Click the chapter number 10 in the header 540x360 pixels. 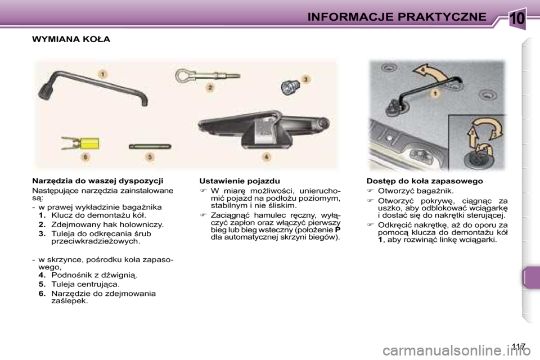pos(517,19)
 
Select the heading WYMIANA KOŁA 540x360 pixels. pos(71,39)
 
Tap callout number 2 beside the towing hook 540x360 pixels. pos(210,88)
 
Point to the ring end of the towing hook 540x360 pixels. pos(186,73)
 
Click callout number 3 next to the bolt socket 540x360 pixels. pos(306,80)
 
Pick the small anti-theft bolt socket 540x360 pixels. pos(290,87)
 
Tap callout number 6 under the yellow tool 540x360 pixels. pos(85,158)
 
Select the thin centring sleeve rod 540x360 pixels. pos(148,145)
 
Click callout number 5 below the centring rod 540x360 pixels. pos(150,158)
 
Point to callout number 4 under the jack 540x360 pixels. pos(267,156)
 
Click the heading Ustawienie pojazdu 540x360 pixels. pos(240,181)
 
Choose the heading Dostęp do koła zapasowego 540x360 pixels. pos(424,181)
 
